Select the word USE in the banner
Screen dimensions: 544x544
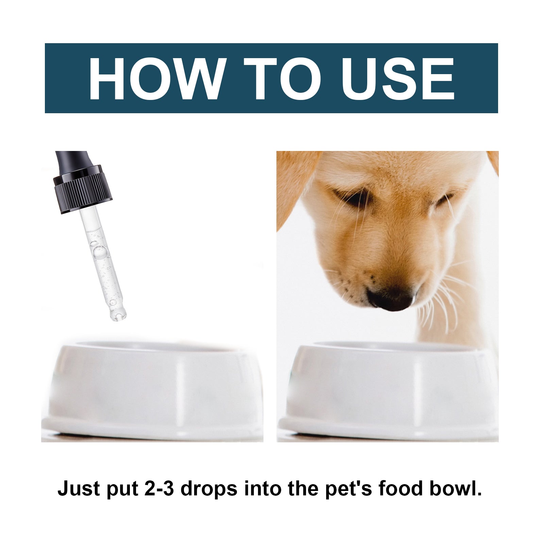click(398, 79)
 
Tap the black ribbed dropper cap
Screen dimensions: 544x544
click(83, 190)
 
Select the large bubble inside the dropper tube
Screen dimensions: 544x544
click(99, 252)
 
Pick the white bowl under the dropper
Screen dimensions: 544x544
click(152, 391)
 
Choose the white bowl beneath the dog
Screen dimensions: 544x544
click(388, 391)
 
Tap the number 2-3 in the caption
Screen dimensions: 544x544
click(159, 489)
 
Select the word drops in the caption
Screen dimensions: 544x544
click(208, 489)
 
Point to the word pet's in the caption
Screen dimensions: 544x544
click(348, 489)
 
